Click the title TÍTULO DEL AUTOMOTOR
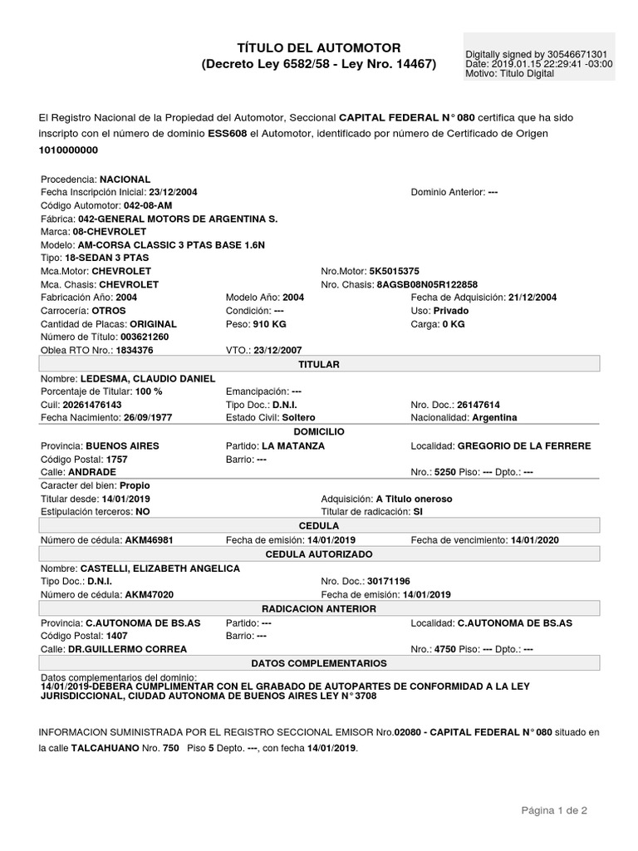[319, 48]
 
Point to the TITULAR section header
[319, 364]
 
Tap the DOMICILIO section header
[319, 432]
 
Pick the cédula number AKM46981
[149, 540]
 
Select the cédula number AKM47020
[149, 594]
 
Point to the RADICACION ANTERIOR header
[319, 608]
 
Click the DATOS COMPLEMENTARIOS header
[319, 663]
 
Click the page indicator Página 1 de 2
[554, 810]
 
